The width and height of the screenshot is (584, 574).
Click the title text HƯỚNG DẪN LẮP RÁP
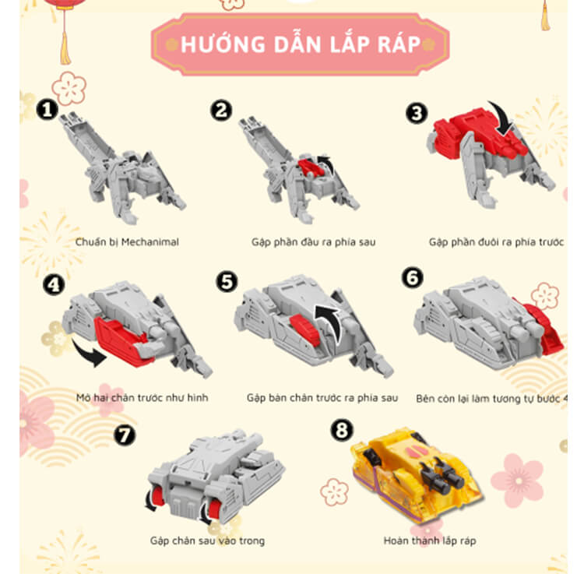coord(301,44)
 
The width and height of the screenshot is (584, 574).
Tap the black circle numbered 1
coord(47,110)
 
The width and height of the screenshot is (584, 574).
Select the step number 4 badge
coord(54,285)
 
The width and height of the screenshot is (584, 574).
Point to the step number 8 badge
coord(342,430)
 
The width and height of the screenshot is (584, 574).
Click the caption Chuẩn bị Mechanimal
coord(127,242)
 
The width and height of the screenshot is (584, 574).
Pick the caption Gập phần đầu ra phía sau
coord(313,242)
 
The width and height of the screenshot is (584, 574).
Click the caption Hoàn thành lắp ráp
coord(430,541)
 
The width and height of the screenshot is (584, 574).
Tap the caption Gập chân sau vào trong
coord(207,541)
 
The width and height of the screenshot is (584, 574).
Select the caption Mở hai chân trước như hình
coord(142,397)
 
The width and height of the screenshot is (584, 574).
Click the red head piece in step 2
coord(312,167)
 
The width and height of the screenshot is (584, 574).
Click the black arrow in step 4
coord(89,353)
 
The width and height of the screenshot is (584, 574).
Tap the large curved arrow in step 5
coord(329,320)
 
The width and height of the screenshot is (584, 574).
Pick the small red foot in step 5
coord(304,329)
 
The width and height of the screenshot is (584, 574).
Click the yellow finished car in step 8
coord(416,474)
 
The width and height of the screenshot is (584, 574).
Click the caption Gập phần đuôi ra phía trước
coord(496,242)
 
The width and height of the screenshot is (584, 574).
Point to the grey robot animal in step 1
coord(123,167)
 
